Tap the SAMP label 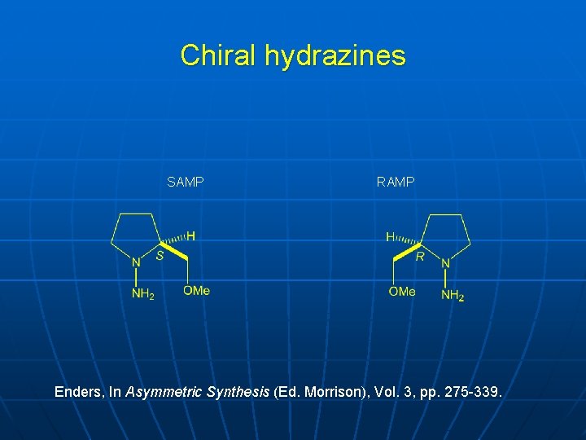coord(185,183)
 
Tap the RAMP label coord(396,183)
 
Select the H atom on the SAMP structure coord(191,236)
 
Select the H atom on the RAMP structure coord(390,237)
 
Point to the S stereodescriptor coord(160,256)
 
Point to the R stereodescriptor coord(421,257)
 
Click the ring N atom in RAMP coord(445,263)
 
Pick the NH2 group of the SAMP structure coord(142,294)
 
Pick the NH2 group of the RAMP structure coord(453,295)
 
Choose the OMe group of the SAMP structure coord(196,291)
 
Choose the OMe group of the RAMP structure coord(402,292)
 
